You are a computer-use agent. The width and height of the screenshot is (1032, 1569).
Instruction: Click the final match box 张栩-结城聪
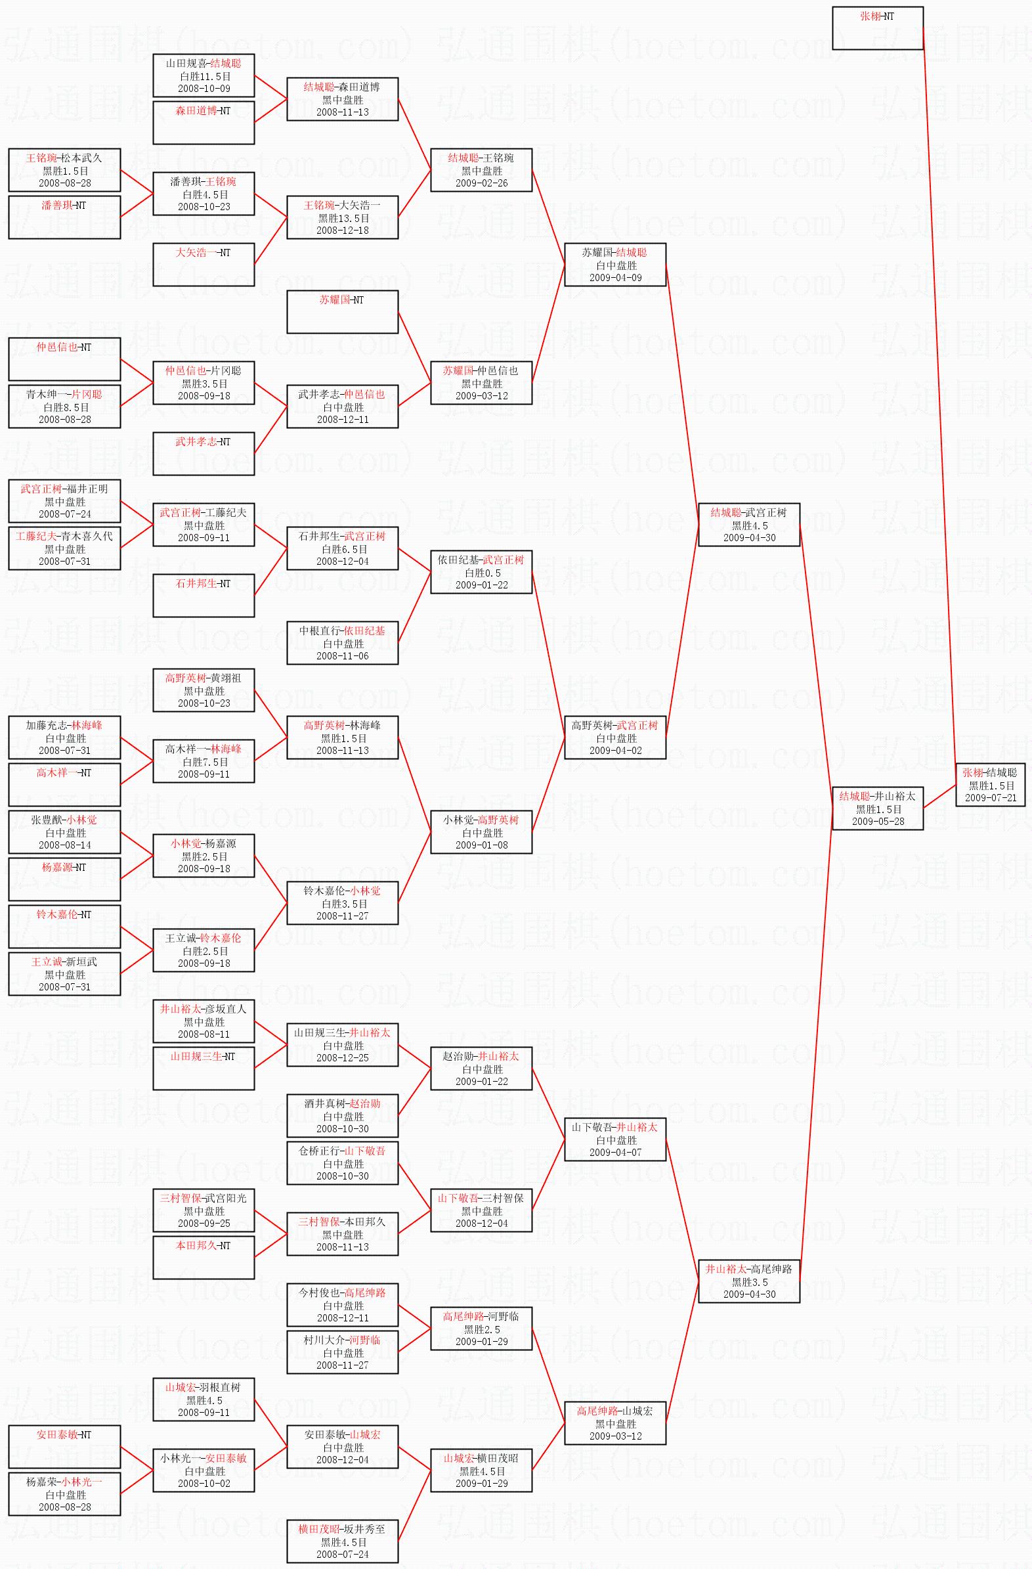pyautogui.click(x=990, y=784)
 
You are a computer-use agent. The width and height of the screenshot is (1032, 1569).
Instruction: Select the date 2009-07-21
pyautogui.click(x=991, y=798)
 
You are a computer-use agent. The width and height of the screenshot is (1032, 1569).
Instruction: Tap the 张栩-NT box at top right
pyautogui.click(x=877, y=28)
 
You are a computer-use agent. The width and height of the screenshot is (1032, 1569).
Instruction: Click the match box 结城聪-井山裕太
pyautogui.click(x=877, y=808)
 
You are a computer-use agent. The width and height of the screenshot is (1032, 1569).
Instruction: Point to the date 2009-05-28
pyautogui.click(x=878, y=822)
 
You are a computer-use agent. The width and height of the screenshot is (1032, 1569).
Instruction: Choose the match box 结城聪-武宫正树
pyautogui.click(x=748, y=524)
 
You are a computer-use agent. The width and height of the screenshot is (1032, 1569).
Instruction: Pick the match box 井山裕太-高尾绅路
pyautogui.click(x=748, y=1281)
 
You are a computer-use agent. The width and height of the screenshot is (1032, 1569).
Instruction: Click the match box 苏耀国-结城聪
pyautogui.click(x=615, y=265)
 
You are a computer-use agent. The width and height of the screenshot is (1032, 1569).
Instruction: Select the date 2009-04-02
pyautogui.click(x=616, y=750)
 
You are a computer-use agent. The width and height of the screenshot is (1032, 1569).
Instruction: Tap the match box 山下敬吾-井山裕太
pyautogui.click(x=615, y=1139)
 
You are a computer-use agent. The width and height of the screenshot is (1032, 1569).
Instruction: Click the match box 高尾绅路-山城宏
pyautogui.click(x=615, y=1423)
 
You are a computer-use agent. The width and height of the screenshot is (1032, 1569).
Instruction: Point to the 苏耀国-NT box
pyautogui.click(x=342, y=312)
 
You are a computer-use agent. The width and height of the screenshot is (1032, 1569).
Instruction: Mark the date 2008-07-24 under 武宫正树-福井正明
pyautogui.click(x=64, y=514)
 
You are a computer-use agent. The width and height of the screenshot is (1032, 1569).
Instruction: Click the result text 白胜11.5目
pyautogui.click(x=204, y=76)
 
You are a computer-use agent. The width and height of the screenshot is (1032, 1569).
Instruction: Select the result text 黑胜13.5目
pyautogui.click(x=343, y=217)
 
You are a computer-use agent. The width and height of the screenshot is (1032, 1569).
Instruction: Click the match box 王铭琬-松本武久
pyautogui.click(x=64, y=170)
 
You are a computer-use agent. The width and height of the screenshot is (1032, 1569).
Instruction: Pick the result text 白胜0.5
pyautogui.click(x=482, y=572)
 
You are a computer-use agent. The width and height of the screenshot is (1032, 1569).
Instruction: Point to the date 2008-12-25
pyautogui.click(x=343, y=1057)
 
